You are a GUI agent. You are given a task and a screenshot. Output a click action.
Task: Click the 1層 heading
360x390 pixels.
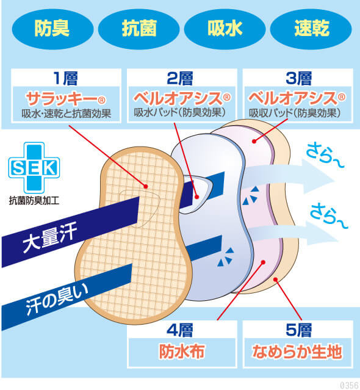click(66, 78)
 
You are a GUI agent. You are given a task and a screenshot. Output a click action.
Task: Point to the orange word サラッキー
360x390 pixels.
click(62, 98)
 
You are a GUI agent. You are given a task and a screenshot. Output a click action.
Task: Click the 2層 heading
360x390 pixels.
click(180, 78)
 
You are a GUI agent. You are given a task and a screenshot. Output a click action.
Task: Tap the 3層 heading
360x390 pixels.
click(298, 78)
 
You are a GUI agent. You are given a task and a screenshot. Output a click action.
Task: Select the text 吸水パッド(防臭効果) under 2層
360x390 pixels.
click(180, 113)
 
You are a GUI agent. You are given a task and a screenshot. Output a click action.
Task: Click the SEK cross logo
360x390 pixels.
click(34, 168)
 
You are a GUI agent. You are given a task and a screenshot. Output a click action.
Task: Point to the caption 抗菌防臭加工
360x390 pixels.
click(34, 200)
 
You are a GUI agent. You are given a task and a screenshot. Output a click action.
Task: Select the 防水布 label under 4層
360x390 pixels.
click(182, 352)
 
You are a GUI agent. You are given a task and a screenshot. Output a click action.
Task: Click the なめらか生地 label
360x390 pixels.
click(297, 352)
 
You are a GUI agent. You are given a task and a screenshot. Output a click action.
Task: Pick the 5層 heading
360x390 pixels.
click(298, 330)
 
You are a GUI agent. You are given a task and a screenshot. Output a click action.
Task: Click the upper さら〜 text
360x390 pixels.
click(325, 156)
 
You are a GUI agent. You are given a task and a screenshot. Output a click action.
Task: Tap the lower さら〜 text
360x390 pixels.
click(329, 216)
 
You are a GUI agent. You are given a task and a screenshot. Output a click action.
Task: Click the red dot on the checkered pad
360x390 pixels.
click(146, 186)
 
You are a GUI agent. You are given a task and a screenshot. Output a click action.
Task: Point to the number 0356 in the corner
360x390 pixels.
click(349, 385)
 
